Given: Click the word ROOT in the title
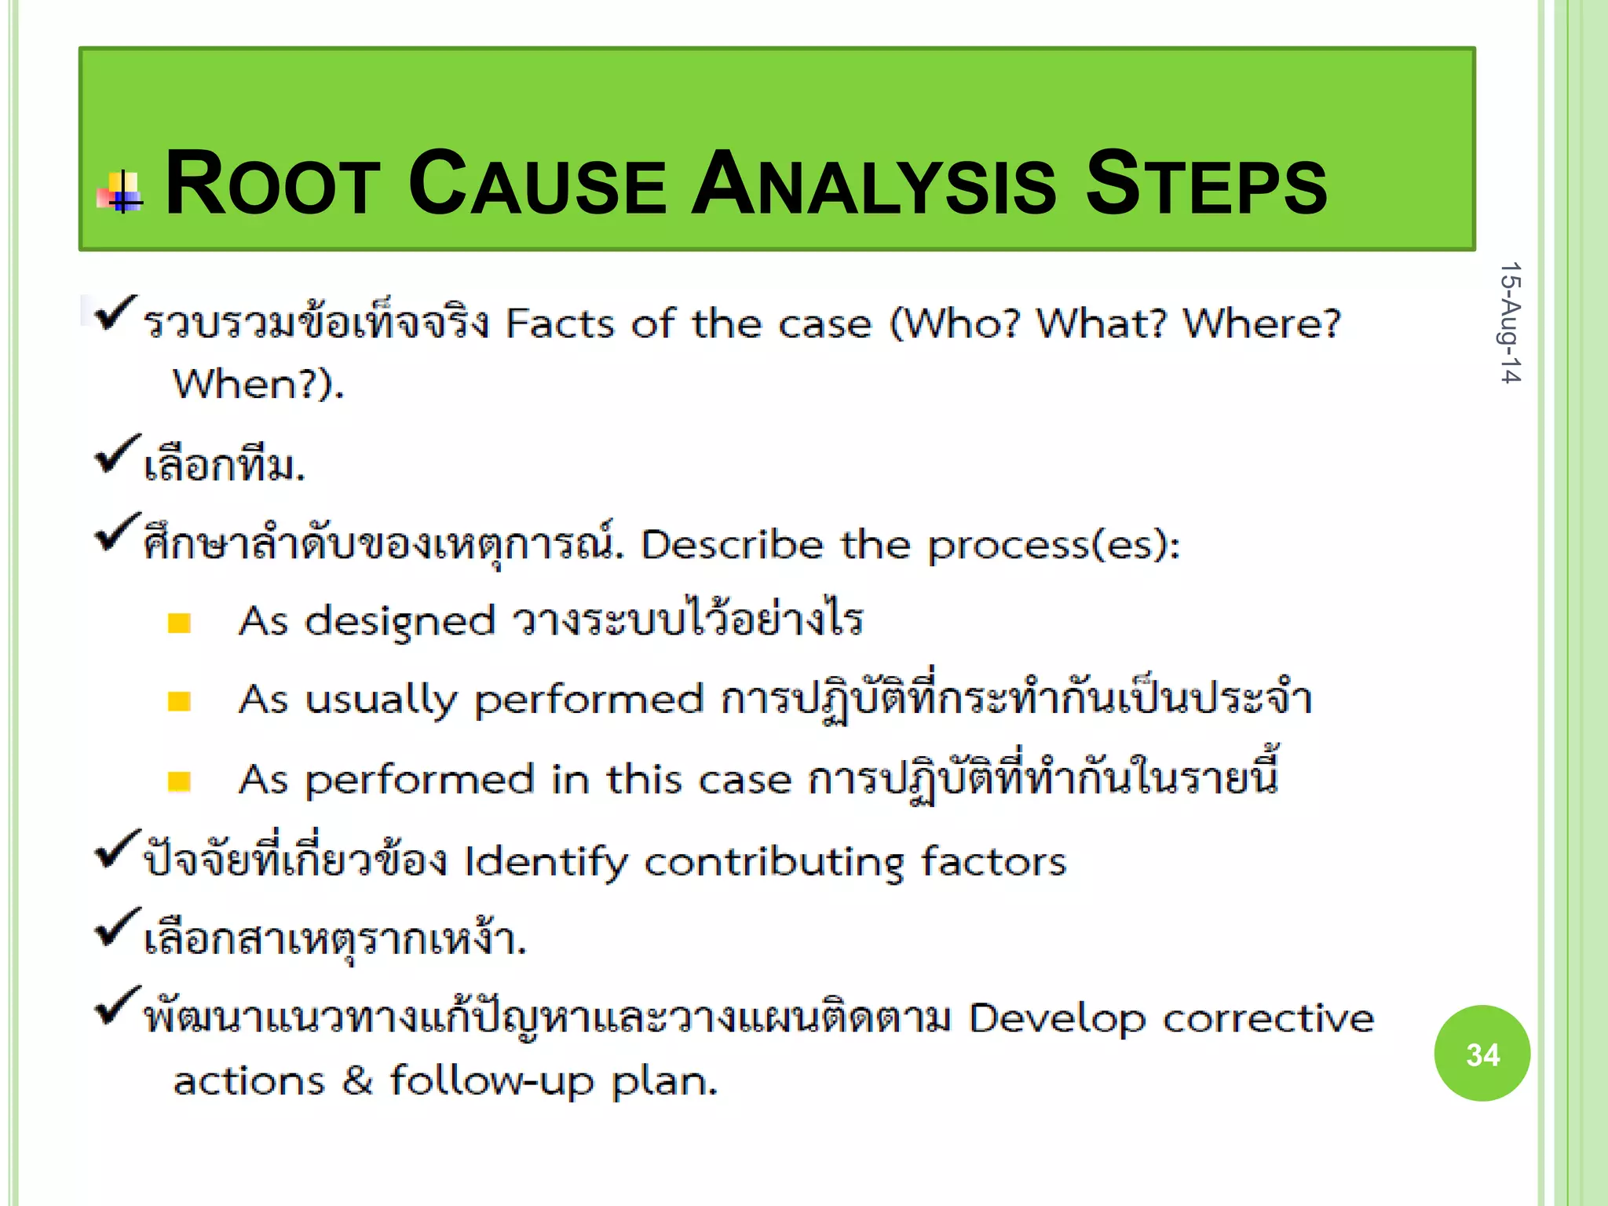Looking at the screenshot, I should [x=272, y=184].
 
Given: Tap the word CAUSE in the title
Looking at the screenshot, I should [x=537, y=184].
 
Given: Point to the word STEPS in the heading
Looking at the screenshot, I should [x=1206, y=184].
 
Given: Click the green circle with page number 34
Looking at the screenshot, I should [x=1482, y=1054].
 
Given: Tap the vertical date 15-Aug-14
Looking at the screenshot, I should [x=1509, y=323].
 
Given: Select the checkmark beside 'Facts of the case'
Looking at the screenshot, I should [x=115, y=313].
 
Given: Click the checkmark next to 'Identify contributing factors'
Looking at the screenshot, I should [x=116, y=850].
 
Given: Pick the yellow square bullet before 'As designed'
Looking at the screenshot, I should [x=179, y=623].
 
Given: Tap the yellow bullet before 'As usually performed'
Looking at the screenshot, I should [x=179, y=701].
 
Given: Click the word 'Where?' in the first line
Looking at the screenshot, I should [x=1261, y=323].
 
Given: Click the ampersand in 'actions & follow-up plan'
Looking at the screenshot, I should [x=357, y=1080].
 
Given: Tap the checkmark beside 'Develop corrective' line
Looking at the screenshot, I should [x=116, y=1007].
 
